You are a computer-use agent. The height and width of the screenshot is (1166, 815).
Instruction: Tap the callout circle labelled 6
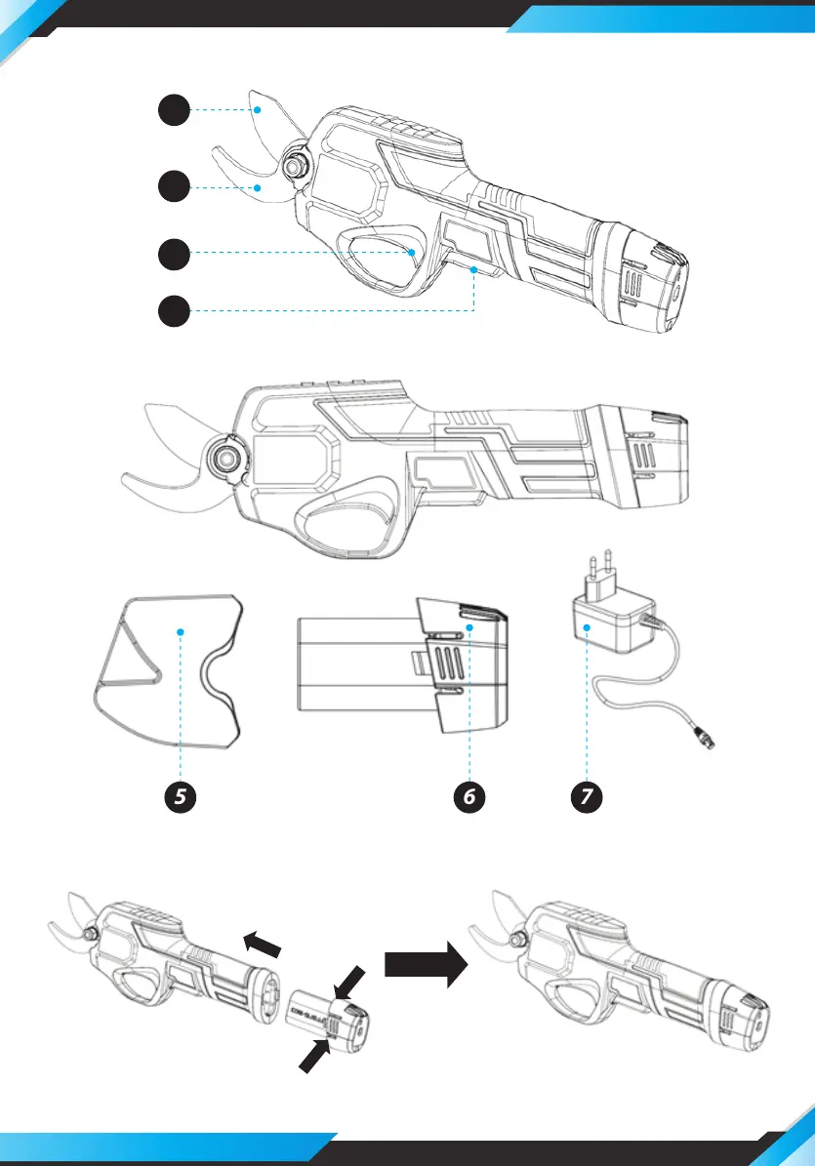(469, 796)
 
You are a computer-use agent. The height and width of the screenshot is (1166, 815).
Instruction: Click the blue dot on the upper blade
(259, 111)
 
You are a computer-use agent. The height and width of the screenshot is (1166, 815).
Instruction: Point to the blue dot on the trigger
(412, 253)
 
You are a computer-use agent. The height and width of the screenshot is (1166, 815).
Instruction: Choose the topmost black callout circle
(175, 111)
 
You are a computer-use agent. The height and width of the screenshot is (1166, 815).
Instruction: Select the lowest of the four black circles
(175, 312)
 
